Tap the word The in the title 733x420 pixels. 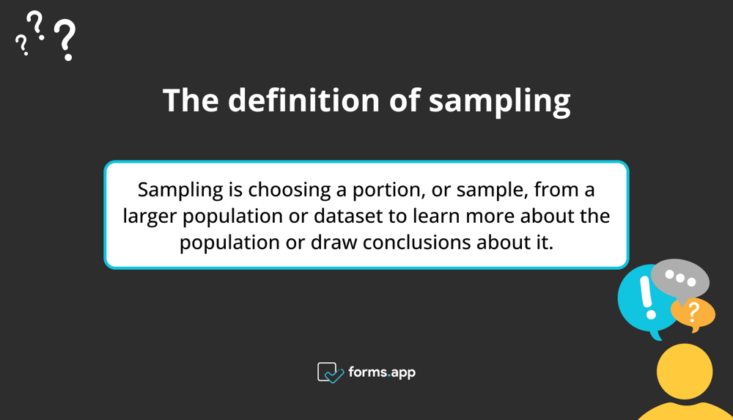pyautogui.click(x=190, y=100)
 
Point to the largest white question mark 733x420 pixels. pyautogui.click(x=65, y=40)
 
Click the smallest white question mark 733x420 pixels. pyautogui.click(x=22, y=45)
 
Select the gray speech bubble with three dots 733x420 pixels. pyautogui.click(x=679, y=279)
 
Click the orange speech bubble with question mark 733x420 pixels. pyautogui.click(x=693, y=313)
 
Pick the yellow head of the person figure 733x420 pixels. pyautogui.click(x=684, y=371)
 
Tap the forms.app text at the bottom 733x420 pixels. pyautogui.click(x=383, y=372)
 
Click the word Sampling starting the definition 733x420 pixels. pyautogui.click(x=180, y=191)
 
